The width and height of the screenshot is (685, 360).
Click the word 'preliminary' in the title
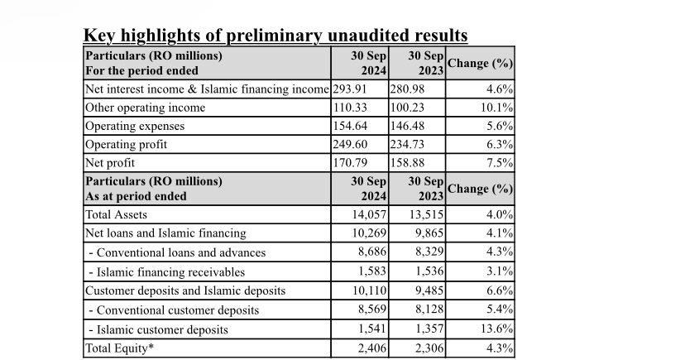pyautogui.click(x=274, y=36)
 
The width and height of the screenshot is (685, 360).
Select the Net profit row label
pyautogui.click(x=110, y=163)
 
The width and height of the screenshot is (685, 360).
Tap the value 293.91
pyautogui.click(x=350, y=89)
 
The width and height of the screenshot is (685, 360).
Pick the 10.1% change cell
pyautogui.click(x=496, y=108)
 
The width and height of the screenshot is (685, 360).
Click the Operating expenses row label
pyautogui.click(x=135, y=127)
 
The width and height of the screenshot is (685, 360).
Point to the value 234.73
pyautogui.click(x=407, y=144)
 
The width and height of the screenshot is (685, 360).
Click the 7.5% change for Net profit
pyautogui.click(x=500, y=162)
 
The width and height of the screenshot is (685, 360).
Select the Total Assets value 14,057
pyautogui.click(x=369, y=214)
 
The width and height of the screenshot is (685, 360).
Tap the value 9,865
pyautogui.click(x=429, y=233)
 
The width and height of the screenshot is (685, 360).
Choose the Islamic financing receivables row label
pyautogui.click(x=167, y=272)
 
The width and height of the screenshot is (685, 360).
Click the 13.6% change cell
pyautogui.click(x=496, y=329)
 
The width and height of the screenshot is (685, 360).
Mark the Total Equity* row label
pyautogui.click(x=120, y=348)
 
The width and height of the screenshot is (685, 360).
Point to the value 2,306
pyautogui.click(x=429, y=348)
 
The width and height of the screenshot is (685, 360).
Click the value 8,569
pyautogui.click(x=372, y=310)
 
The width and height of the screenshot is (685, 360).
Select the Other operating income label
pyautogui.click(x=146, y=108)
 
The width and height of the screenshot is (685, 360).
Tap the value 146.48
pyautogui.click(x=407, y=126)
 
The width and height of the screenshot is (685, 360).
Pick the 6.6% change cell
pyautogui.click(x=500, y=290)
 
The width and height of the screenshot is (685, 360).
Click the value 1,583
pyautogui.click(x=372, y=271)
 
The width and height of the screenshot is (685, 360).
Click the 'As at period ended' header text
pyautogui.click(x=137, y=196)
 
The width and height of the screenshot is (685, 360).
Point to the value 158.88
pyautogui.click(x=407, y=162)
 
